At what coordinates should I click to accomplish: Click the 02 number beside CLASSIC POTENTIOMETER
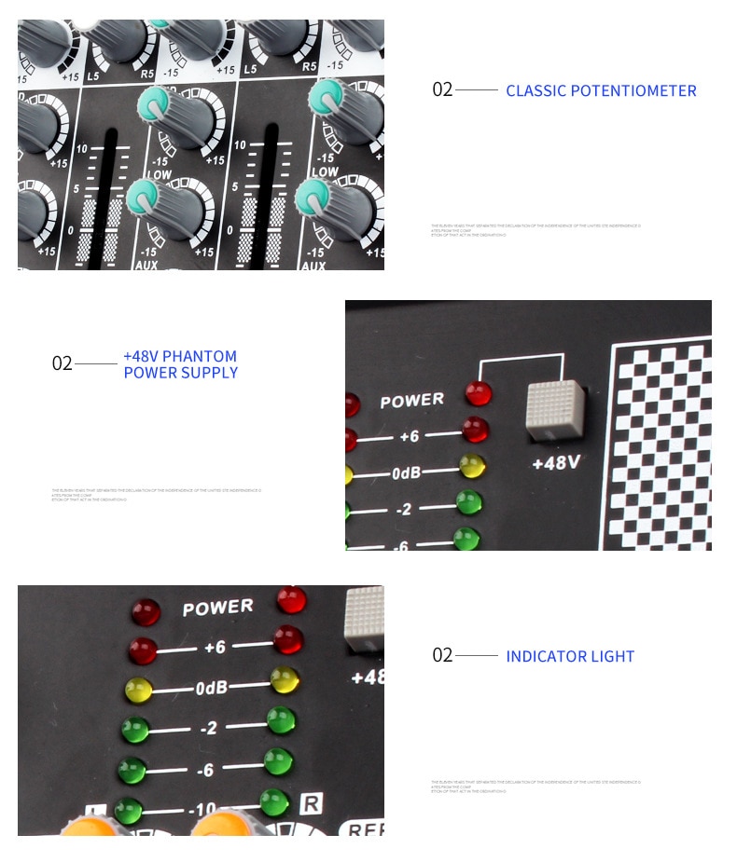click(442, 89)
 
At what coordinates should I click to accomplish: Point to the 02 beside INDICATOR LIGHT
click(442, 655)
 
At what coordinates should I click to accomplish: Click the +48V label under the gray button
click(556, 461)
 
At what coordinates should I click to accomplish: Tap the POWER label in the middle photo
click(411, 401)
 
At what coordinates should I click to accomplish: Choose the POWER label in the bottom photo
click(217, 608)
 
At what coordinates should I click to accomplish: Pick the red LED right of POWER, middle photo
click(478, 392)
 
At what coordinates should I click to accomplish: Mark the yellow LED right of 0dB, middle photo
click(472, 465)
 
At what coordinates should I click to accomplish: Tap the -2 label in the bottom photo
click(209, 727)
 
